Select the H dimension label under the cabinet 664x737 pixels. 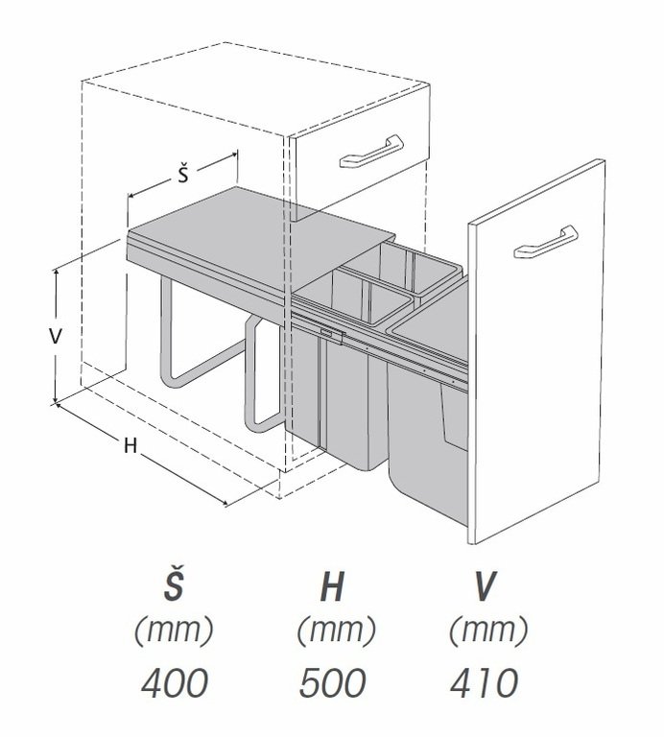(128, 446)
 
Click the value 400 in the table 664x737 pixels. (175, 683)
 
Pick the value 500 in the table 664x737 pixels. (332, 683)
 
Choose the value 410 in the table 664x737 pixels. (485, 683)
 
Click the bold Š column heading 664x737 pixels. (175, 586)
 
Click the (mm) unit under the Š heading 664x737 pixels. (175, 631)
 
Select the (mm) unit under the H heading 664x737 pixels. (333, 631)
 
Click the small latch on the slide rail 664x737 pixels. (331, 335)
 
